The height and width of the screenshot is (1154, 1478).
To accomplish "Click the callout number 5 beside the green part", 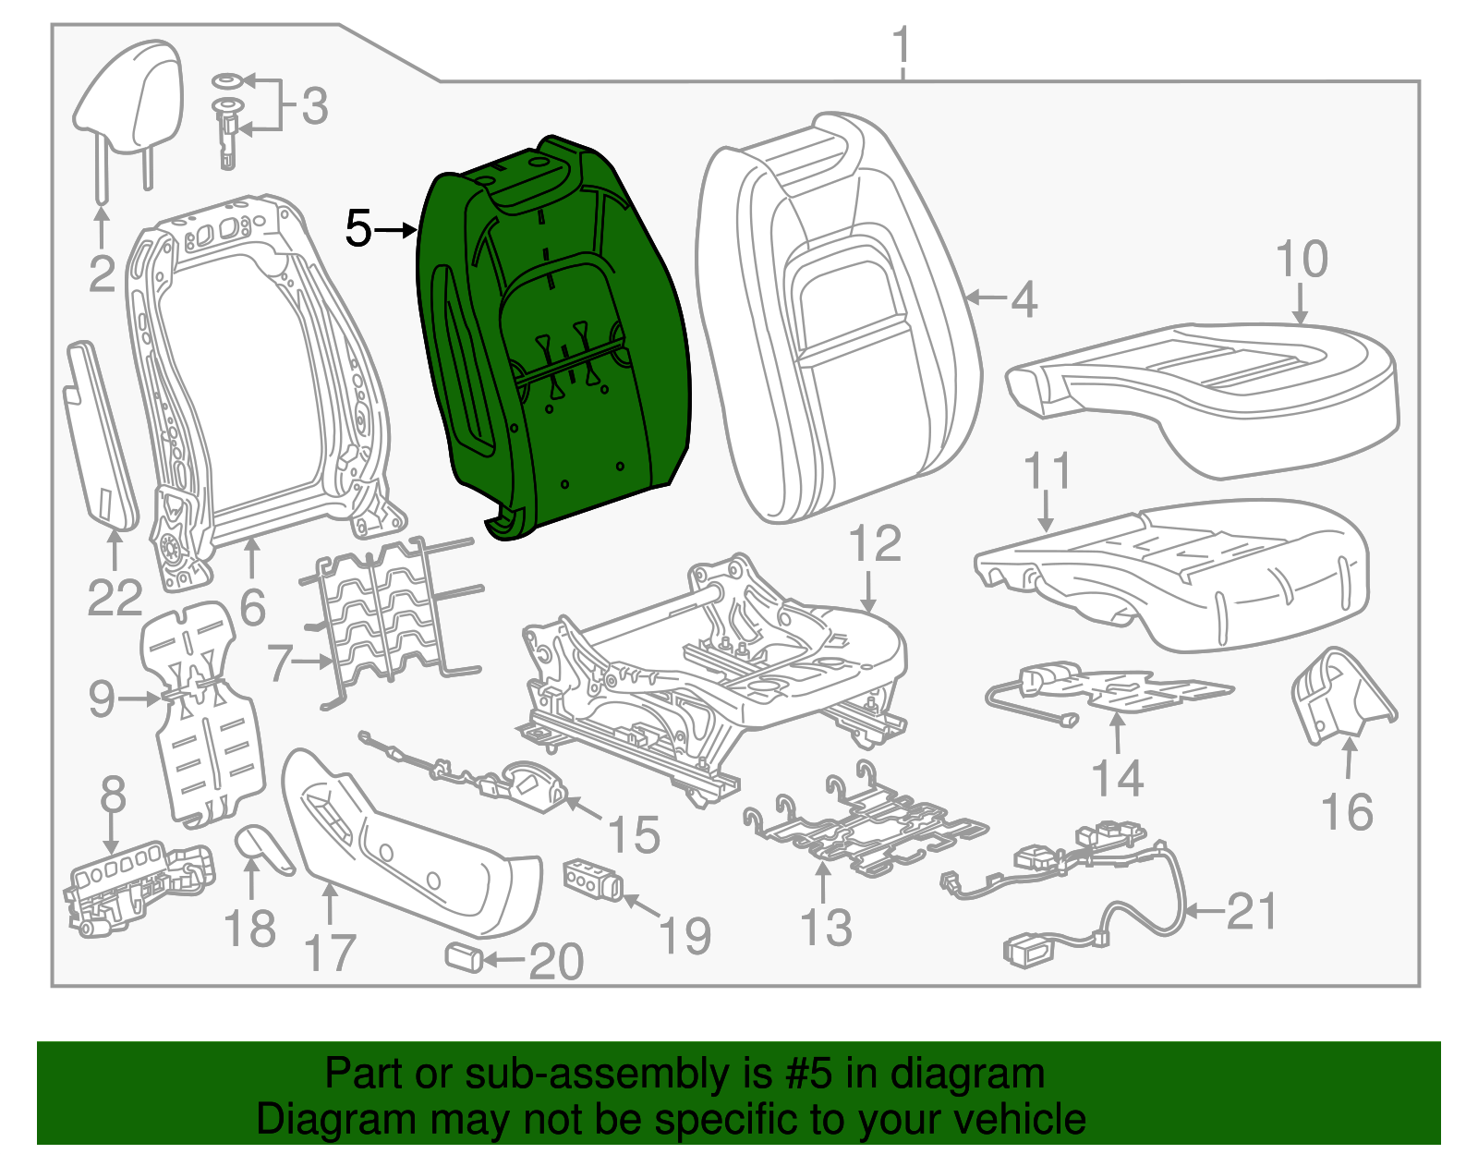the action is point(358,228).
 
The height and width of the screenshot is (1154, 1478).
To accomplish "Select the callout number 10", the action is point(1302,259).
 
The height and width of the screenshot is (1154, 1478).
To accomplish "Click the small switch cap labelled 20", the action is point(465,957).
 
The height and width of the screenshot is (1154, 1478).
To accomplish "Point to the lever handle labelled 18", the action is point(264,849).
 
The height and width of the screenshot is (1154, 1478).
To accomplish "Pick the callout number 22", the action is point(115,598).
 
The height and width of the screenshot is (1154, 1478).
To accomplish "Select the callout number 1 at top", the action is point(902,45).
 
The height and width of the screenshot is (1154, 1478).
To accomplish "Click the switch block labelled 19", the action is point(593,880).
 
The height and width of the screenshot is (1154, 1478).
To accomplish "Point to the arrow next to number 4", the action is point(987,298).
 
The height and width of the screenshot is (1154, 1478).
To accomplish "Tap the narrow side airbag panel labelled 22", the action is point(101,435).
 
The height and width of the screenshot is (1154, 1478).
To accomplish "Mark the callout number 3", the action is point(315,106).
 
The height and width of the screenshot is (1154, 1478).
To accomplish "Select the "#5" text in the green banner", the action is point(808,1073).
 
